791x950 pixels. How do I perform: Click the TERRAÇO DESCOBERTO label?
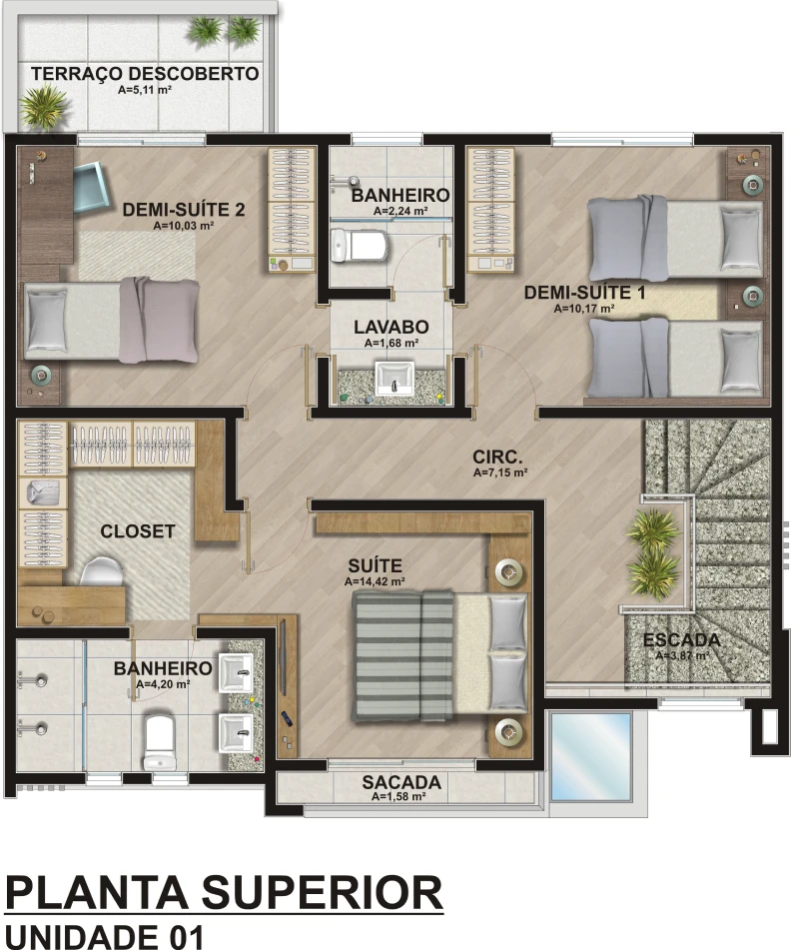(145, 74)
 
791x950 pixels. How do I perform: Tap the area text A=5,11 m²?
(145, 90)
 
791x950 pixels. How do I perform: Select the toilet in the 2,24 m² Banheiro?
(359, 246)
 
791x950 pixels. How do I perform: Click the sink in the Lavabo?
(395, 378)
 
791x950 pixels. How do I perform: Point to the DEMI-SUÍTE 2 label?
(184, 210)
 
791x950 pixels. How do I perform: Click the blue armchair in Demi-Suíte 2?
(92, 189)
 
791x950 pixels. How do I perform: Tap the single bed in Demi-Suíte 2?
(112, 319)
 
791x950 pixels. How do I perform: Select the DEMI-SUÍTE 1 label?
(584, 293)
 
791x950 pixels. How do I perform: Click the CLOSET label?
(138, 531)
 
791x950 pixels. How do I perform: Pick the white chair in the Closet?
(101, 571)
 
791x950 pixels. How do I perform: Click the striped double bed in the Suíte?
(440, 655)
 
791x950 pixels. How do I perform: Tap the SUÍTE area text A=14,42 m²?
(375, 581)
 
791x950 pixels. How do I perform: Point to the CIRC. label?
(497, 457)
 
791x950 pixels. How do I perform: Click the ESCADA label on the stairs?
(682, 639)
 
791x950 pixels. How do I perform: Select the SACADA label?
(401, 782)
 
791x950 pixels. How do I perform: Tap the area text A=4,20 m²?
(163, 684)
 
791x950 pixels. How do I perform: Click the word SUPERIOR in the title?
(322, 893)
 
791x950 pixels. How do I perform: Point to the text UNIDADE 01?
(104, 936)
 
